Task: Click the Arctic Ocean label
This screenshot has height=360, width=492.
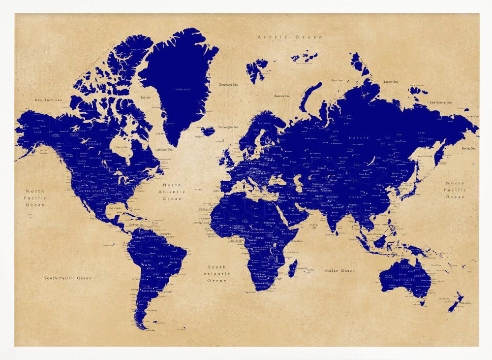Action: tap(290, 37)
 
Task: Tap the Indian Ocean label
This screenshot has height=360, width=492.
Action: tap(339, 270)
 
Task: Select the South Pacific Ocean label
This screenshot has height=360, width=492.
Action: tap(67, 278)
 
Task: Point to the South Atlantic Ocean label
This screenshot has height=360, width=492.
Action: tap(216, 274)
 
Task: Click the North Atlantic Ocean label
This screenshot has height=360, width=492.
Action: tap(172, 192)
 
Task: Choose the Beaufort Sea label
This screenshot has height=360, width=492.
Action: tap(49, 100)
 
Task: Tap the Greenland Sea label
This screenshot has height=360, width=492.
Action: tap(229, 84)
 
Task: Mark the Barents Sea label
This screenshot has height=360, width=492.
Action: tap(282, 96)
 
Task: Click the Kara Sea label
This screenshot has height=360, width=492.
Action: tap(337, 79)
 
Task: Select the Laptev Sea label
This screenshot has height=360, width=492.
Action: tap(391, 81)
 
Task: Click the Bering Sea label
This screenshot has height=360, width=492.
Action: tap(469, 148)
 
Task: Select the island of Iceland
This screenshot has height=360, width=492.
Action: tap(208, 131)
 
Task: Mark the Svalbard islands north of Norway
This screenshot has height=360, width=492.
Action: tap(256, 69)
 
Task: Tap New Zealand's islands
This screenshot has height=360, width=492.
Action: tap(456, 302)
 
